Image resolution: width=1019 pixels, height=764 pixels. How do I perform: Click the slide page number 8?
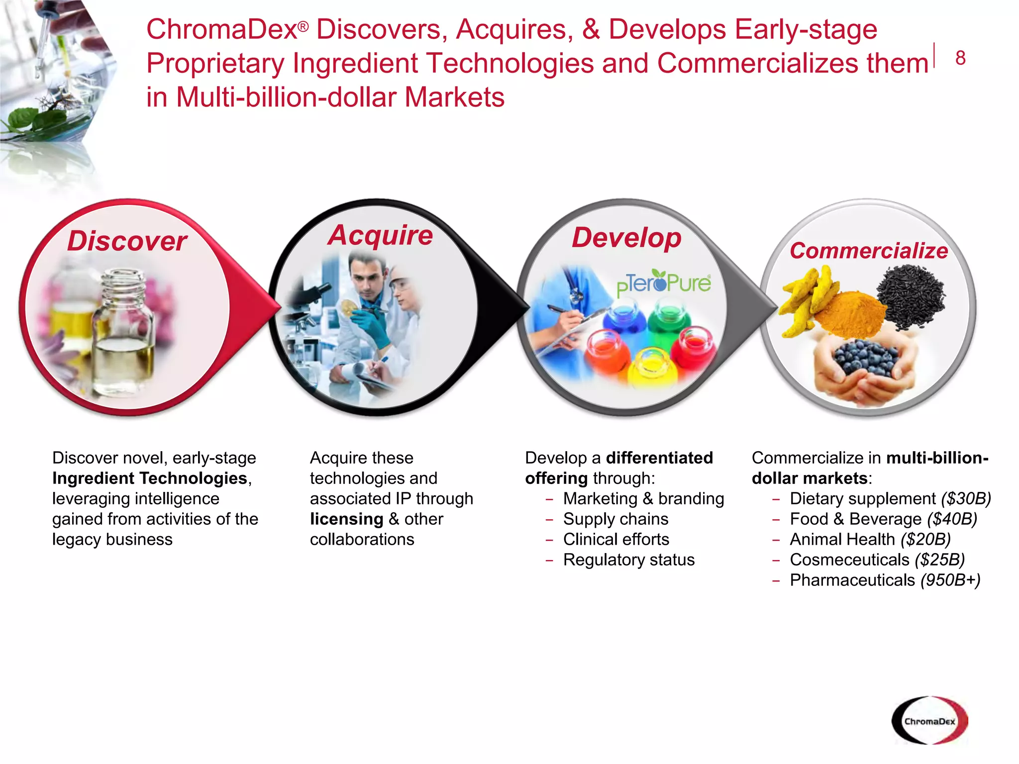coord(960,59)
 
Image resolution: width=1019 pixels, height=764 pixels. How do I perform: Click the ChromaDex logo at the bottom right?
coord(929,721)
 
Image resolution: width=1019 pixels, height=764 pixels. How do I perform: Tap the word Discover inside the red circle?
coord(127,241)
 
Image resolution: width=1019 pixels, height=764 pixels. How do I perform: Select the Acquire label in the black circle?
coord(381,235)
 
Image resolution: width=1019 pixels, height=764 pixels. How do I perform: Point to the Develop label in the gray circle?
coord(626,238)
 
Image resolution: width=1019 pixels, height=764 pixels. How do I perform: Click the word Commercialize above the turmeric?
coord(869,251)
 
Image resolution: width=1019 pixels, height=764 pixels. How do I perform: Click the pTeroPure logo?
coord(664,284)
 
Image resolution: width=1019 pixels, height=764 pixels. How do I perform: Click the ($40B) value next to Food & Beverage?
coord(952,519)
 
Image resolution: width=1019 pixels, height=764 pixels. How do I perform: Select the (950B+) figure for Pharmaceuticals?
coord(950,580)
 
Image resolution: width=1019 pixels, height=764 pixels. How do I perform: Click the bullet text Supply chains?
coord(615,519)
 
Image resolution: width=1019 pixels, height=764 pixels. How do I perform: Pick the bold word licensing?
coord(346,519)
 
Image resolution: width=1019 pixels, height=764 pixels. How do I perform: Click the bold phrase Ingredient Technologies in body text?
coord(150,478)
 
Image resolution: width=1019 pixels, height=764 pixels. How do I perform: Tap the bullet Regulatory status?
coord(628,560)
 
